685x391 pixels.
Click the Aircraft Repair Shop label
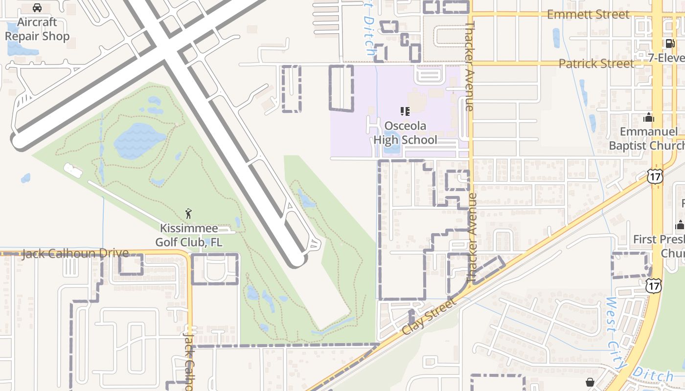[x=37, y=29]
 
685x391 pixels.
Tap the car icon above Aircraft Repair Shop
[x=37, y=8]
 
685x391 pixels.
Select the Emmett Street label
[x=588, y=14]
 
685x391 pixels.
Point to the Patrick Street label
[x=596, y=64]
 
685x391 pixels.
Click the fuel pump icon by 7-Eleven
[x=670, y=43]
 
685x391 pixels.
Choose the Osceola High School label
[x=406, y=133]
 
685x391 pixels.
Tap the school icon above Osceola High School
[x=405, y=112]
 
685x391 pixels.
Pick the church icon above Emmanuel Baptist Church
[x=649, y=117]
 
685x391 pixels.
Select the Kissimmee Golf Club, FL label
[x=189, y=235]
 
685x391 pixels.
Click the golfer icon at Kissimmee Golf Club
[x=189, y=214]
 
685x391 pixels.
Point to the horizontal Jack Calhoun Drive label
[x=75, y=253]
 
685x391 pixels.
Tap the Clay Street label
[x=429, y=316]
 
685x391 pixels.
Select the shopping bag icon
[x=591, y=382]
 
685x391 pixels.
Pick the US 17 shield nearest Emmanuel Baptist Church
[x=655, y=176]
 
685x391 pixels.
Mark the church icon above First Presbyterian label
[x=680, y=225]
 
